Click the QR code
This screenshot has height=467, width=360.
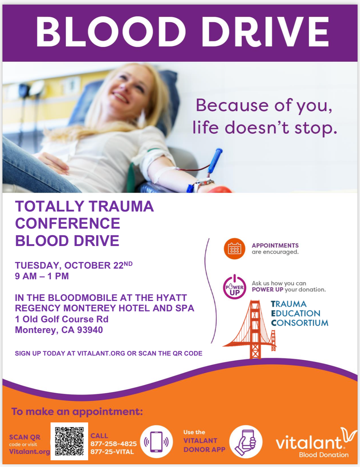[69, 441]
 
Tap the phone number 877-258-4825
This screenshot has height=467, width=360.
[114, 444]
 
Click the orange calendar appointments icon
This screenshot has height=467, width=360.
[235, 249]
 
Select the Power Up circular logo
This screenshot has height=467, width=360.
[235, 288]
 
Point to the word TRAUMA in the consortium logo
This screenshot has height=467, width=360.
[289, 304]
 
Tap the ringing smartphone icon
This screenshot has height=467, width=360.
[156, 442]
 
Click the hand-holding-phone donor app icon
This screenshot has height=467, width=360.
[246, 442]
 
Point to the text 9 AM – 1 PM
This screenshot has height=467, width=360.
[42, 276]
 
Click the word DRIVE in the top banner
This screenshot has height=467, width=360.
[265, 32]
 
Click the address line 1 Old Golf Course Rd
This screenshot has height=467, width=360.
[62, 319]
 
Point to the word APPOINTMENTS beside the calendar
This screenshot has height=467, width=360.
[275, 245]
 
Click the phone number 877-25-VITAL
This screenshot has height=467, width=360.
[112, 452]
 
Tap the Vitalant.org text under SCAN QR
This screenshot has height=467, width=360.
[29, 451]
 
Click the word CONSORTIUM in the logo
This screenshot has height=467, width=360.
[300, 323]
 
